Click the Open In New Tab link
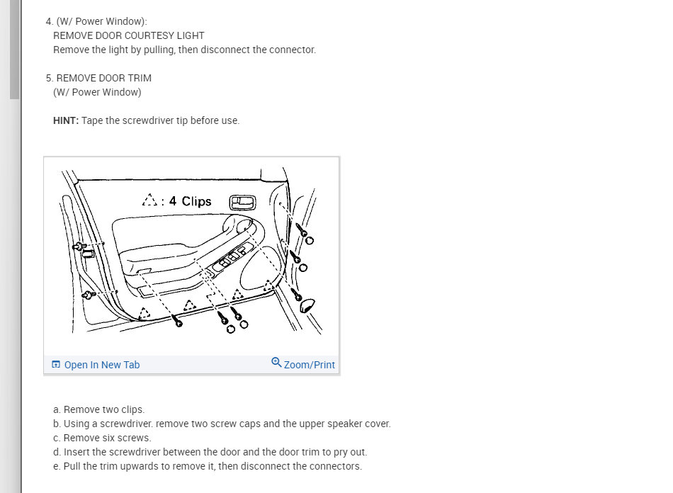pos(96,365)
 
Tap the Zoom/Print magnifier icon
pos(276,363)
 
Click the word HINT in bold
pos(66,120)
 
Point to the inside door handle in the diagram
pos(242,203)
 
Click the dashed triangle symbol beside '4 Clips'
pos(149,200)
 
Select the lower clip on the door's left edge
pos(89,295)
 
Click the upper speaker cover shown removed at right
pos(307,305)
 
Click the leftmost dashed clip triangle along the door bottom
pos(145,313)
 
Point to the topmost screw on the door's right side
pos(302,230)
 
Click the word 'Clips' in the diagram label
pos(196,201)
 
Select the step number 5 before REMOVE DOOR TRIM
pos(50,78)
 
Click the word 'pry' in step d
pos(340,452)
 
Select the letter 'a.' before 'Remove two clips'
pos(57,409)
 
